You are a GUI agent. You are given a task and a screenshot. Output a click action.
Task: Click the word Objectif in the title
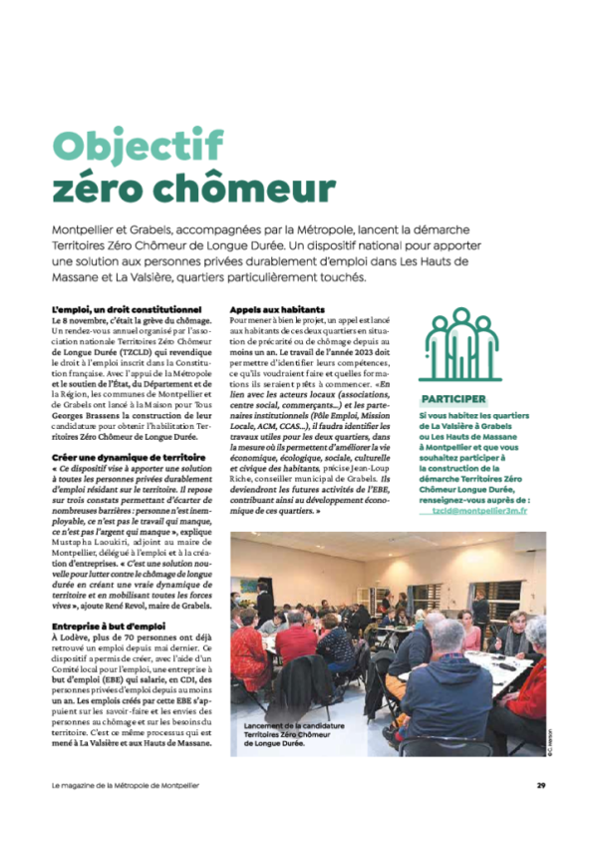[138, 146]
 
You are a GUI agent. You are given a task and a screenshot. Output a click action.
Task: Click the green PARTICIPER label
[453, 399]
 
